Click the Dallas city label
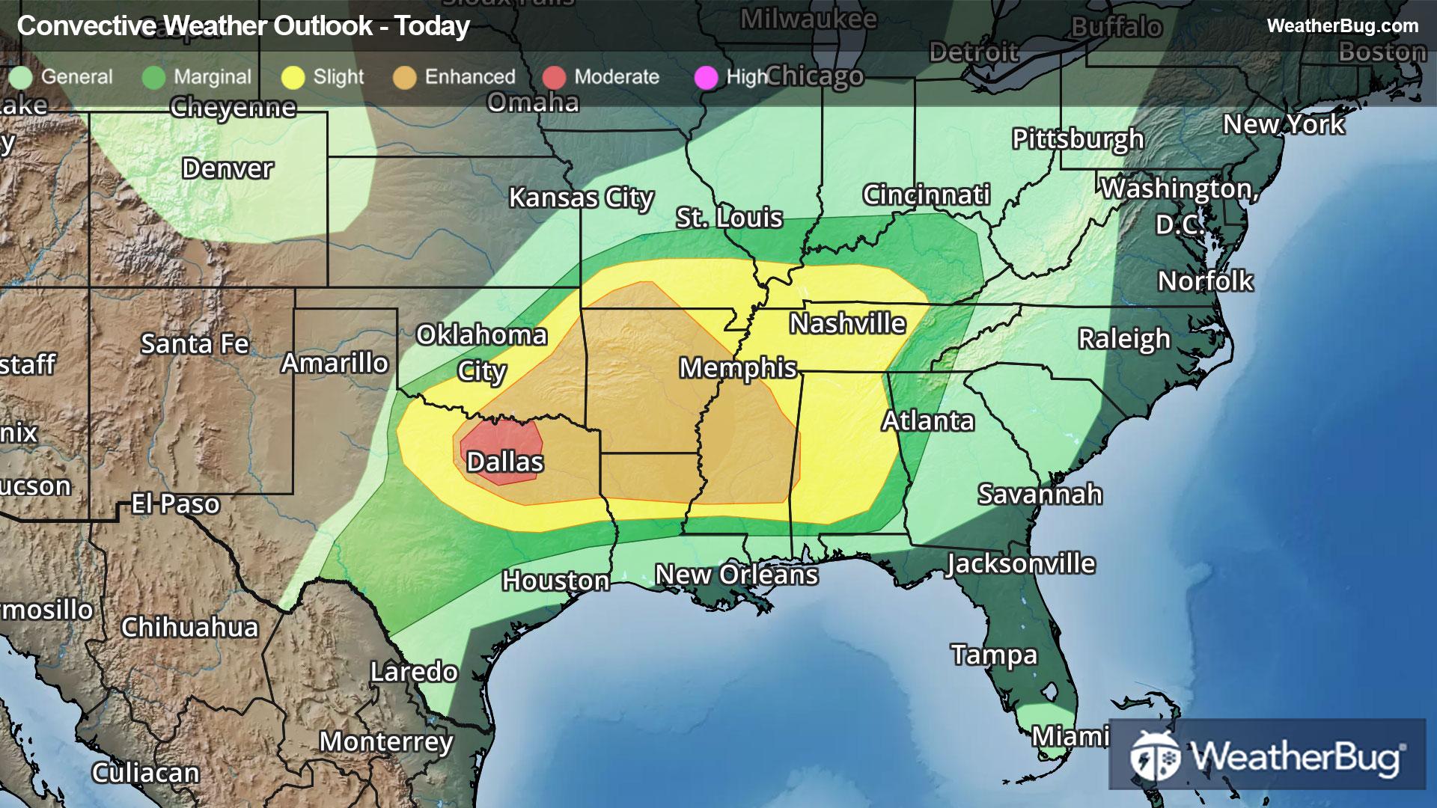point(505,462)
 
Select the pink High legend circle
point(706,77)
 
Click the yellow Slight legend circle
point(293,77)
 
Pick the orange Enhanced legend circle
point(404,77)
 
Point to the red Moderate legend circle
point(554,77)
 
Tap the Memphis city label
point(738,368)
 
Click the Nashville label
point(848,324)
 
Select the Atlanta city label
point(928,421)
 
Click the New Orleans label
point(736,575)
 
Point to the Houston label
point(555,581)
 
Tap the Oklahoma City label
point(481,352)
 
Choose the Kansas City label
point(582,198)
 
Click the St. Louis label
point(729,218)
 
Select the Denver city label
point(228,169)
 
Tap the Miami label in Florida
point(1070,737)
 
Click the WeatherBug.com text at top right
point(1342,26)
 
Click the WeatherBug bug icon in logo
point(1154,756)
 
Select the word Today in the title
point(433,26)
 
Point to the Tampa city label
point(994,655)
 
